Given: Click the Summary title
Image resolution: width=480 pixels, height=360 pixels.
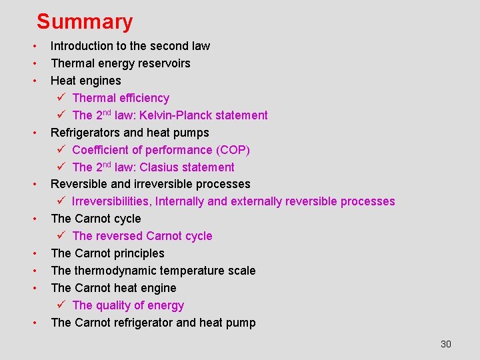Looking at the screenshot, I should [85, 21].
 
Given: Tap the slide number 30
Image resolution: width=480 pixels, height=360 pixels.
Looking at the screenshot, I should [446, 344].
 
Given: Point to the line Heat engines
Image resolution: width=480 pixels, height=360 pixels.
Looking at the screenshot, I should [86, 81].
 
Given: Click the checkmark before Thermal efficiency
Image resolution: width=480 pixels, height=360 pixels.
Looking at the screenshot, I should [60, 98].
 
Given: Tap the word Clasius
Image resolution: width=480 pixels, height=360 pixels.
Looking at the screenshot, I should [159, 167].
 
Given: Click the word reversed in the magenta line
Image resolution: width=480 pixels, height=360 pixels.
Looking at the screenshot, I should [119, 236].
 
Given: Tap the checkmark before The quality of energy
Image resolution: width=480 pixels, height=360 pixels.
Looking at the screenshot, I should [60, 305].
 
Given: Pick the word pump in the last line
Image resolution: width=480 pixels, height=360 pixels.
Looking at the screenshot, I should [241, 323].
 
